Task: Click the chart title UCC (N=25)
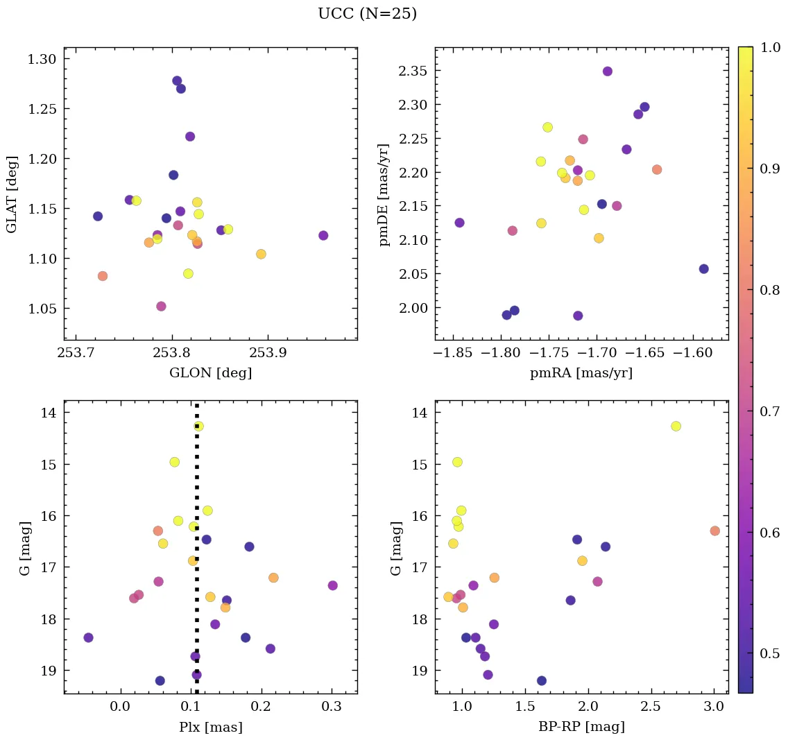(x=367, y=14)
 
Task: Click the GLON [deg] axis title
(x=210, y=373)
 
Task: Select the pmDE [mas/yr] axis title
(x=384, y=194)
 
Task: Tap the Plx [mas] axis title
(x=210, y=728)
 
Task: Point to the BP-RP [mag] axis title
(x=581, y=728)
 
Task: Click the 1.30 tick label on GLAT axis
(x=42, y=59)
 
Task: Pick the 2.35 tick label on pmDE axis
(x=413, y=71)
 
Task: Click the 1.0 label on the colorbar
(x=770, y=47)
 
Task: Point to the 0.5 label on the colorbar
(x=770, y=653)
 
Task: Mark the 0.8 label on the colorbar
(x=770, y=290)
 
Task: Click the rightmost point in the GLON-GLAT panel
(x=323, y=236)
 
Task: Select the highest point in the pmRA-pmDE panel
(x=608, y=71)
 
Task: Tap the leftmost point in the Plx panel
(x=88, y=637)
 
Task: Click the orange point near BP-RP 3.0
(x=714, y=531)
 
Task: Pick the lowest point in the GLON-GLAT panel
(x=161, y=307)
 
